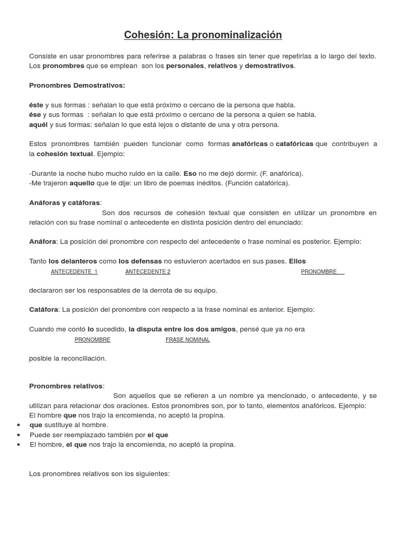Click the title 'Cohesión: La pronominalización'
pyautogui.click(x=203, y=35)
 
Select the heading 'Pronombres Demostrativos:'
pyautogui.click(x=77, y=85)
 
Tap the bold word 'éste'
pyautogui.click(x=36, y=105)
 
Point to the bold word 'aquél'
pyautogui.click(x=38, y=124)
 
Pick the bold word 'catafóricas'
pyautogui.click(x=294, y=144)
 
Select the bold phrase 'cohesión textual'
pyautogui.click(x=65, y=153)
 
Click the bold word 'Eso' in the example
pyautogui.click(x=190, y=173)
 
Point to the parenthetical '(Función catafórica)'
pyautogui.click(x=257, y=183)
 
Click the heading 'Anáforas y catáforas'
pyautogui.click(x=64, y=203)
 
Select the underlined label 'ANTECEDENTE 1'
pyautogui.click(x=74, y=272)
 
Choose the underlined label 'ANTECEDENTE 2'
pyautogui.click(x=147, y=272)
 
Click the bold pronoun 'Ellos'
pyautogui.click(x=297, y=261)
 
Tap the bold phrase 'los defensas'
pyautogui.click(x=140, y=261)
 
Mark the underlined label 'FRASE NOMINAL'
pyautogui.click(x=188, y=340)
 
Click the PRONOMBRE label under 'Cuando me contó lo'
pyautogui.click(x=93, y=340)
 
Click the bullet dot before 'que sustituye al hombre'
pyautogui.click(x=19, y=425)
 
